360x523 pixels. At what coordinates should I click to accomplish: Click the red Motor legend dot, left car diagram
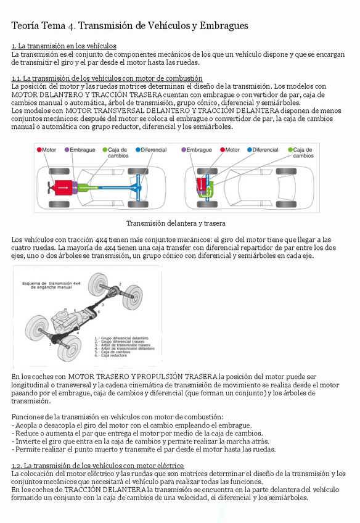click(39, 150)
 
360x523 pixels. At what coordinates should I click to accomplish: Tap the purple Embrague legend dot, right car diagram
click(183, 150)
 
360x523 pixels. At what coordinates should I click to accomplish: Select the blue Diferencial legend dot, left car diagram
click(137, 150)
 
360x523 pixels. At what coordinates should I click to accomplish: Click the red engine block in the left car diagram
click(63, 187)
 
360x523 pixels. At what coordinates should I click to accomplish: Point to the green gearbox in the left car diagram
click(88, 187)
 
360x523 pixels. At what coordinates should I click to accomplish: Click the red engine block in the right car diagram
click(201, 184)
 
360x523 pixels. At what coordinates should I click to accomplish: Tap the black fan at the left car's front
click(51, 187)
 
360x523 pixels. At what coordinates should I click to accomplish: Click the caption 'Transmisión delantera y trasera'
click(176, 223)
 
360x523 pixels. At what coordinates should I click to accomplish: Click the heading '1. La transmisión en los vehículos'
click(63, 46)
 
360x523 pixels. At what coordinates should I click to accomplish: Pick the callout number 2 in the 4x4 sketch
click(120, 284)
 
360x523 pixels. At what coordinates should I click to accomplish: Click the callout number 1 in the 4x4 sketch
click(51, 344)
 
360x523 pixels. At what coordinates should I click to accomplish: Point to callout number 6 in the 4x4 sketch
click(99, 312)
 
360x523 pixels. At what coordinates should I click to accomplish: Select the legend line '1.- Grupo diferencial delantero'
click(121, 338)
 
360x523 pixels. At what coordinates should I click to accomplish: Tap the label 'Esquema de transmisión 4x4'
click(51, 284)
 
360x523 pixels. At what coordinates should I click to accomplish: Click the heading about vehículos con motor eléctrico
click(97, 466)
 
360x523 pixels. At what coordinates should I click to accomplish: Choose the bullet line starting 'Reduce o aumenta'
click(137, 434)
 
